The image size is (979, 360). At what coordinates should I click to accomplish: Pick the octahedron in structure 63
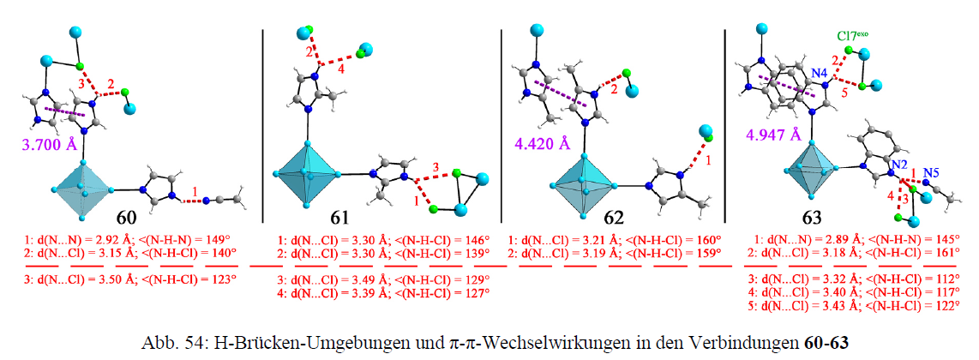pos(809,167)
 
